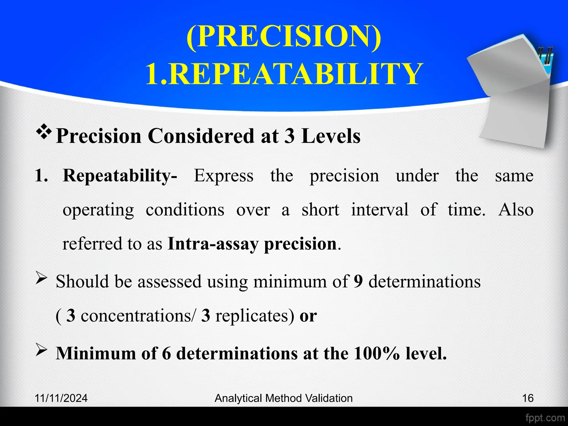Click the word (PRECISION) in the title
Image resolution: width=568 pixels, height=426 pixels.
point(284,37)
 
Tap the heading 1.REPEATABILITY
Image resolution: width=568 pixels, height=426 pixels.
point(284,74)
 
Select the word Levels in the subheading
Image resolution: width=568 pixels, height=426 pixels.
point(331,136)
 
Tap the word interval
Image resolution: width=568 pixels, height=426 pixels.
point(380,210)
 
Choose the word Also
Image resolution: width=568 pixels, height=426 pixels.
point(516,210)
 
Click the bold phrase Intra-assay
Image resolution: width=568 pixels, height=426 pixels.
point(213,244)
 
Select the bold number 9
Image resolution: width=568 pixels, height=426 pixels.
point(358,282)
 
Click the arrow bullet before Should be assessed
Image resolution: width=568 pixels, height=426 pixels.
point(42,279)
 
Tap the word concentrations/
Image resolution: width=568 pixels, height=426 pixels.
point(138,316)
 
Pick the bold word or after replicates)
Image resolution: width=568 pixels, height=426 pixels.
point(308,316)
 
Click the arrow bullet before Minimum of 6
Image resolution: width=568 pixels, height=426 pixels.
point(42,351)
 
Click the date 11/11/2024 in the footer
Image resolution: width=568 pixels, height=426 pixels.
point(61,398)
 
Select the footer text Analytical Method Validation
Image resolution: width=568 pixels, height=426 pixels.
point(283,398)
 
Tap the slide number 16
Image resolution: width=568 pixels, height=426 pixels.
point(528,398)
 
